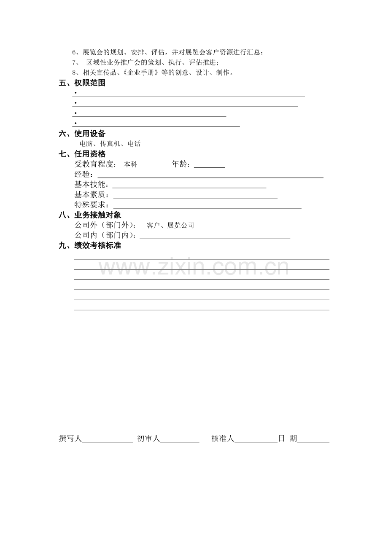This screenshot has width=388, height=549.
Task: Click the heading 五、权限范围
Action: click(x=82, y=83)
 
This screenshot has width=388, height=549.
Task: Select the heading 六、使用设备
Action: click(x=82, y=134)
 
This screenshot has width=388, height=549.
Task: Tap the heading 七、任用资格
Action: click(x=82, y=154)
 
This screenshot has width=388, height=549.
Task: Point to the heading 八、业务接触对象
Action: click(x=90, y=215)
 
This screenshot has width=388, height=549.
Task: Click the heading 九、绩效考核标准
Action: click(x=90, y=246)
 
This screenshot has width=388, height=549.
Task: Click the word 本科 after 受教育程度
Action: click(x=130, y=164)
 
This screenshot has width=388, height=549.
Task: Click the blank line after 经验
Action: click(x=210, y=175)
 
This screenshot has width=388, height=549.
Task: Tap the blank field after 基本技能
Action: click(x=189, y=186)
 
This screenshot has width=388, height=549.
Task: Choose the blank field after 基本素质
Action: click(x=195, y=196)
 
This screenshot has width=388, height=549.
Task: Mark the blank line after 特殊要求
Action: click(x=205, y=206)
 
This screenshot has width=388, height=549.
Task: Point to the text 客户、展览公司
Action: click(x=170, y=226)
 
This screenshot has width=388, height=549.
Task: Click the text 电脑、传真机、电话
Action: click(x=110, y=144)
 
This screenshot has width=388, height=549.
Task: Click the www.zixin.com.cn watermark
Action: click(x=194, y=267)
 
